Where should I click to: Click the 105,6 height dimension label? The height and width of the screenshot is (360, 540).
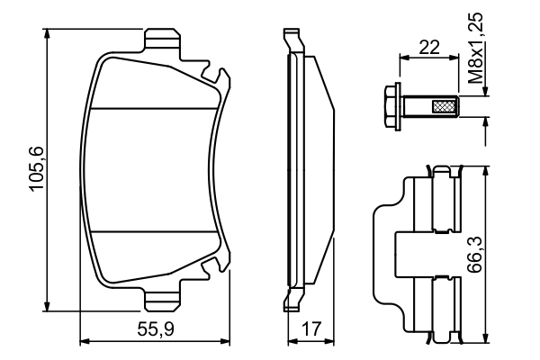point(37,172)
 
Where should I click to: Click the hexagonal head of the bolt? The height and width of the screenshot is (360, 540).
point(392,107)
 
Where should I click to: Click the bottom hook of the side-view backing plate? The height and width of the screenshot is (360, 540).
point(291,300)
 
